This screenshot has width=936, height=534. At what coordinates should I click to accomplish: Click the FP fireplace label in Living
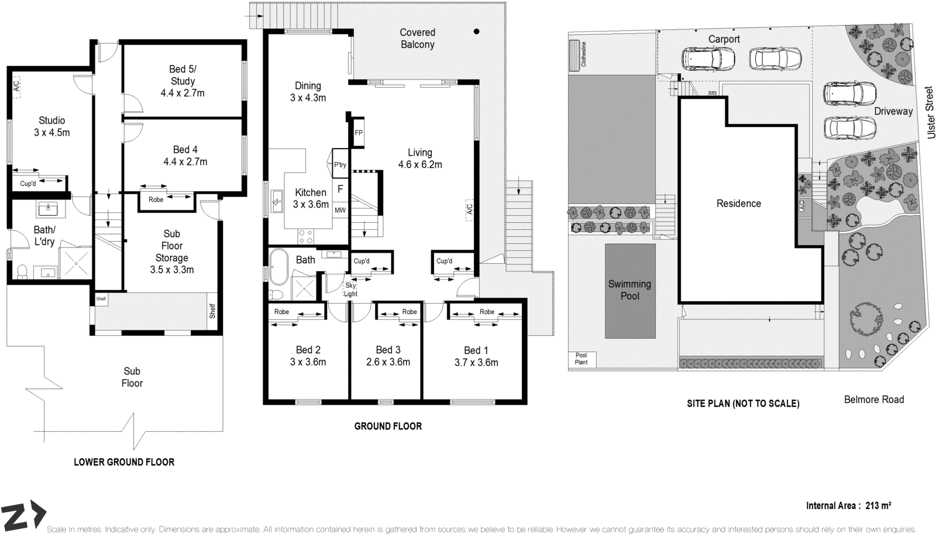coord(359,133)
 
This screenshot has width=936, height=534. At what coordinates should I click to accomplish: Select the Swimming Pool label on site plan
coord(629,290)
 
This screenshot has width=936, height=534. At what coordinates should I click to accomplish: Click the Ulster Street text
coord(930,113)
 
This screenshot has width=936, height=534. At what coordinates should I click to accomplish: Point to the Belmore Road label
coord(873,399)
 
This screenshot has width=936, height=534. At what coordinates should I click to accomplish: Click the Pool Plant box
coord(581,359)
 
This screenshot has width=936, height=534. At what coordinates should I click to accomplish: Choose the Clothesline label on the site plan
coord(583,54)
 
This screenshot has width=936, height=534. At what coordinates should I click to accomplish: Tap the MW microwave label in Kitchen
coord(340,210)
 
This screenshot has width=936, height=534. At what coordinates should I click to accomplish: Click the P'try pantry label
coord(340,165)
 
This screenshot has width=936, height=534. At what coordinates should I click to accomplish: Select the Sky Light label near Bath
coord(350,290)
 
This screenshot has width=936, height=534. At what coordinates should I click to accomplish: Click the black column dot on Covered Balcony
coord(476,32)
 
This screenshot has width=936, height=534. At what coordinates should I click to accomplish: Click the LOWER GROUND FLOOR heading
coord(124,462)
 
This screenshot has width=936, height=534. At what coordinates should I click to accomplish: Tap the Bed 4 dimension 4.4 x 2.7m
coord(185,162)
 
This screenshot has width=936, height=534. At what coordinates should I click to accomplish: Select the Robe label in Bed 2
coord(281,312)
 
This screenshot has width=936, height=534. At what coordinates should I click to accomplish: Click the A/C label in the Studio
coord(16,85)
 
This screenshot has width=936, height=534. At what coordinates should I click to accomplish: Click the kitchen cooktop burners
coord(305,236)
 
